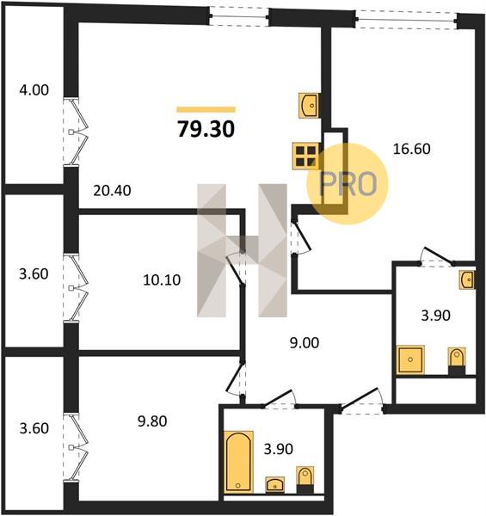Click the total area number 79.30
point(206,129)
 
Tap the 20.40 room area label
point(112,191)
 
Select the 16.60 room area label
point(412,149)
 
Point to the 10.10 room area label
point(162,280)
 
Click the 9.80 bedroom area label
point(152,421)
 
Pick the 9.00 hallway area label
point(305,343)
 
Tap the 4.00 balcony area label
point(34,89)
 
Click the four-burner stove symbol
point(305,156)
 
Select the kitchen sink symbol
point(309,105)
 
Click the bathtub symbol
point(238,462)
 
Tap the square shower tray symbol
point(410,359)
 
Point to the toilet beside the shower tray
point(457,361)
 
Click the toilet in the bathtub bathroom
point(305,480)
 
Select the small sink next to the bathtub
point(275,485)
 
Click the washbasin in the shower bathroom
point(467,279)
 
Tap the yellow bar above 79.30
point(206,109)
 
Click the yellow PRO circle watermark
point(348,184)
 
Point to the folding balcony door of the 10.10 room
point(77,288)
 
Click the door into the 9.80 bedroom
point(237,379)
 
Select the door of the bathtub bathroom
point(279,400)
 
